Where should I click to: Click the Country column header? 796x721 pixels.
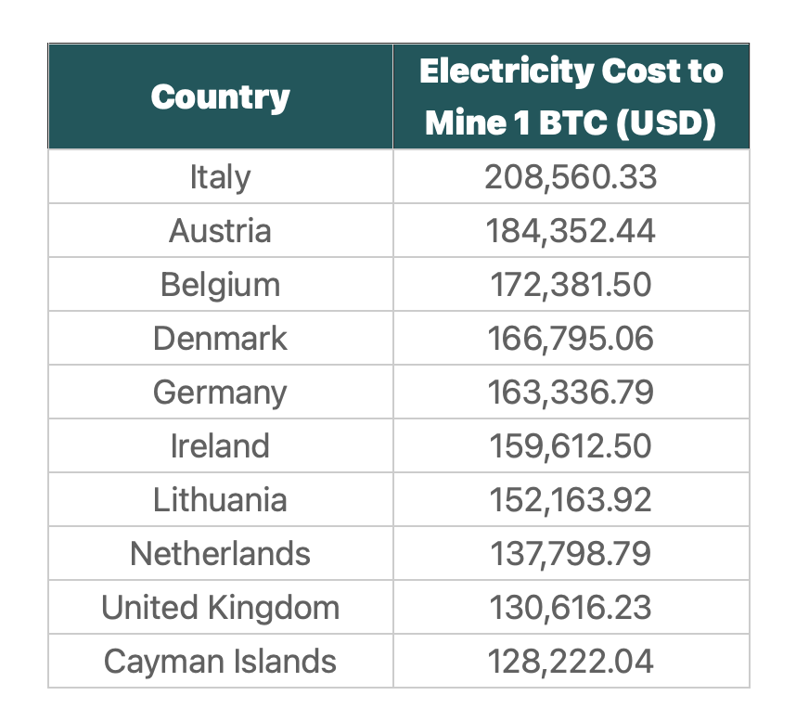[220, 97]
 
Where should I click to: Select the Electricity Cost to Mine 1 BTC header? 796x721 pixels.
[571, 97]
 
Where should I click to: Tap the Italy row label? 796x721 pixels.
[220, 176]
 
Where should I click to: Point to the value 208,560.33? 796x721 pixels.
[571, 176]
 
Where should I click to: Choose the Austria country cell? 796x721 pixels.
[220, 230]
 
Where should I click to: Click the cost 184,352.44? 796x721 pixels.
[571, 230]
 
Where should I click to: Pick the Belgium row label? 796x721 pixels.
[220, 284]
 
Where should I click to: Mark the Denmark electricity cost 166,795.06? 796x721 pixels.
[571, 339]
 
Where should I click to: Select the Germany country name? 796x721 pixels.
[220, 393]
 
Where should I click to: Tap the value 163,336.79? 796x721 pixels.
[571, 393]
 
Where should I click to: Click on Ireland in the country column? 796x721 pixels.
[220, 446]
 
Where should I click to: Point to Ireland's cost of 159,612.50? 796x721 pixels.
[571, 446]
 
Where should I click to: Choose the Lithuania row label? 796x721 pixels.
[220, 500]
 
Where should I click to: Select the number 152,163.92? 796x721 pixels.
[571, 500]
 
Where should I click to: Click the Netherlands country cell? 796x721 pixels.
[220, 554]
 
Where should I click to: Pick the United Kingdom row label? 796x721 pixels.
[220, 608]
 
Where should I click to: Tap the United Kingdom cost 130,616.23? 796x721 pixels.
[571, 608]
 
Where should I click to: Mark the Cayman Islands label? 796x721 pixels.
[220, 662]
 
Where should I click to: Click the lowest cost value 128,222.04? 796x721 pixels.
[571, 662]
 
